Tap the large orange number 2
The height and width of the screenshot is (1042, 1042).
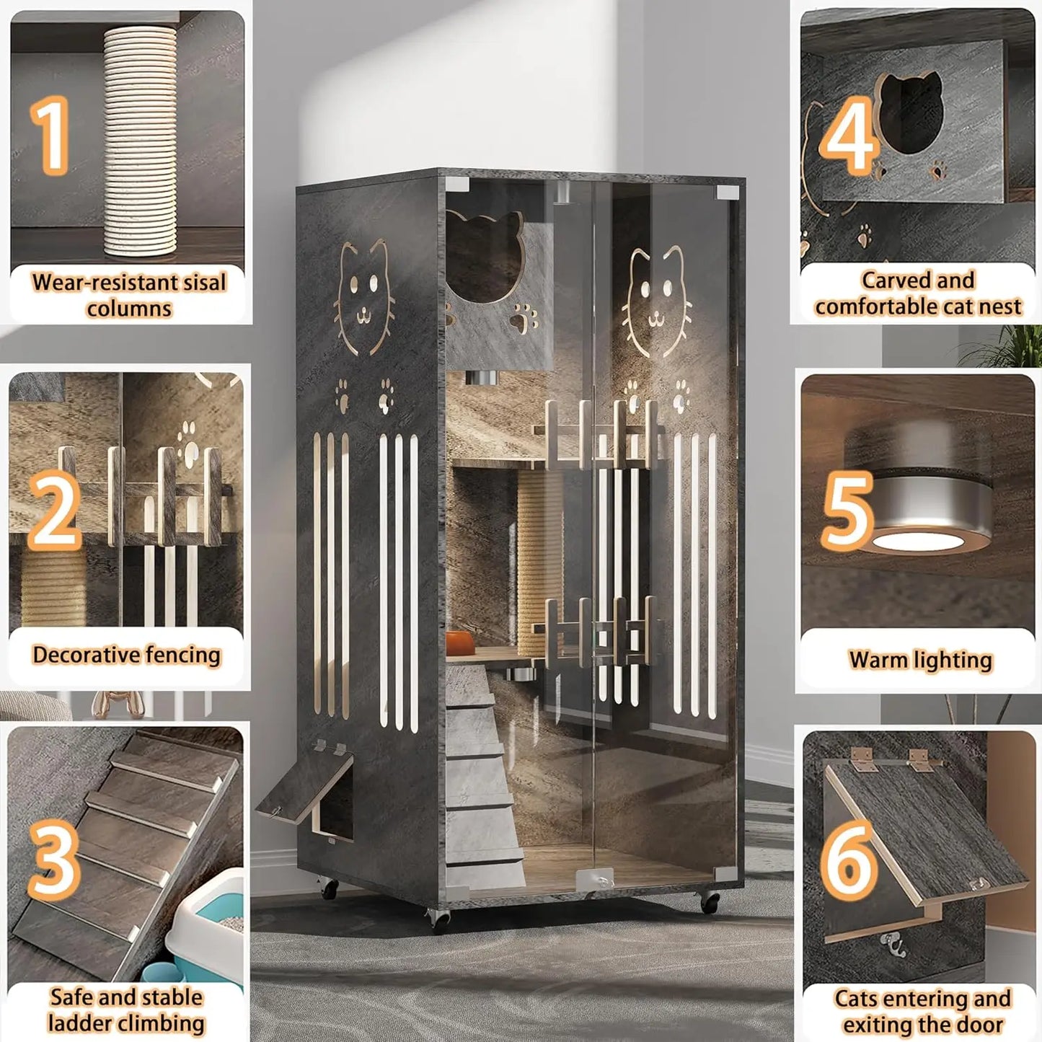click(55, 509)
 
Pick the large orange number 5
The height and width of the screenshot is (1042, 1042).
click(848, 510)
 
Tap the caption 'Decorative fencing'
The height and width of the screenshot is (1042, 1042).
click(126, 655)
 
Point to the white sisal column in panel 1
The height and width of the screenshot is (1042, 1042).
click(140, 141)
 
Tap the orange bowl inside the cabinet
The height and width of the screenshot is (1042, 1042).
click(460, 642)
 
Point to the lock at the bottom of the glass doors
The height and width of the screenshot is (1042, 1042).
click(595, 880)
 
